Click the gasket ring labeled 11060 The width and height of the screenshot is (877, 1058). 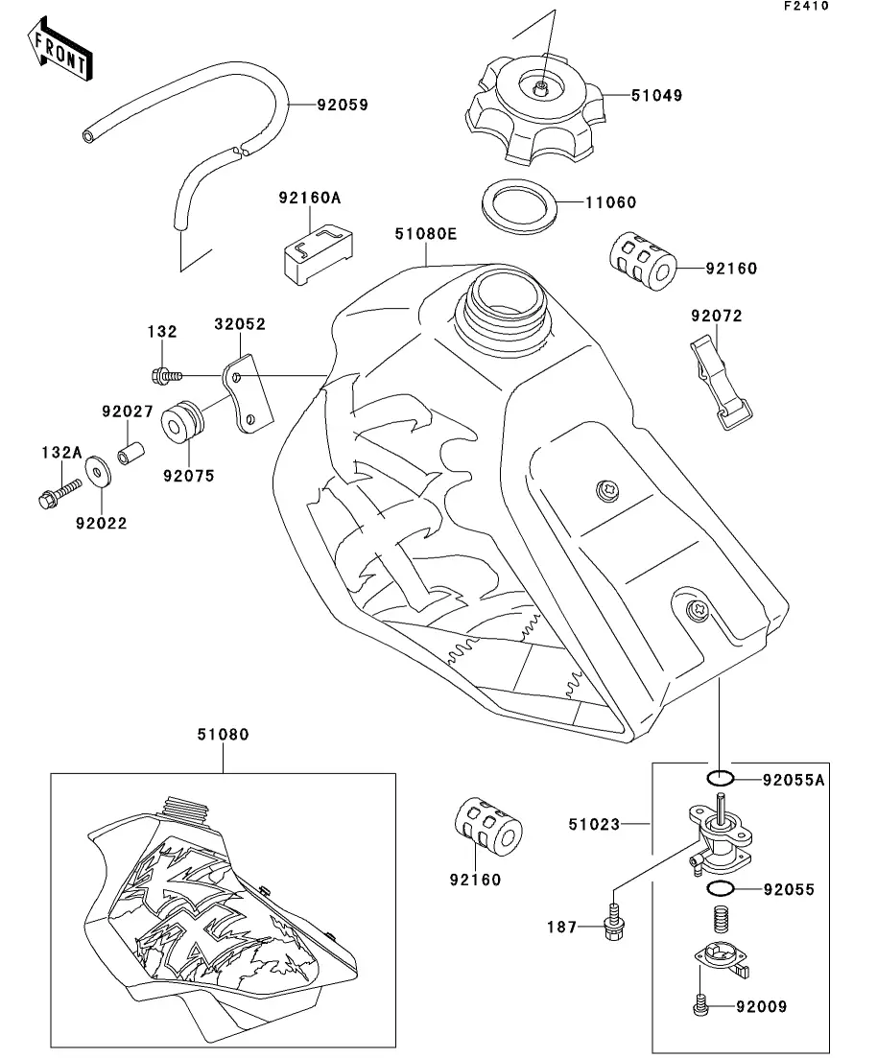[519, 203]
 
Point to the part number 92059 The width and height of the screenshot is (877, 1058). [343, 105]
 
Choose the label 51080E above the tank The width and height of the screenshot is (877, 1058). [425, 233]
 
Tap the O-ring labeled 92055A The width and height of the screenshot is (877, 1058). [721, 778]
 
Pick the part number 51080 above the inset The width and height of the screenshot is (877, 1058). [223, 735]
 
